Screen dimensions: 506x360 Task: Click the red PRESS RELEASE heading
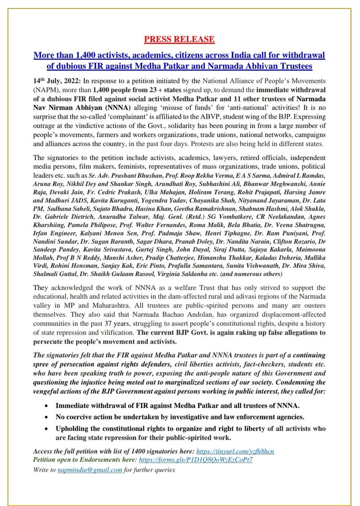coord(179,40)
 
